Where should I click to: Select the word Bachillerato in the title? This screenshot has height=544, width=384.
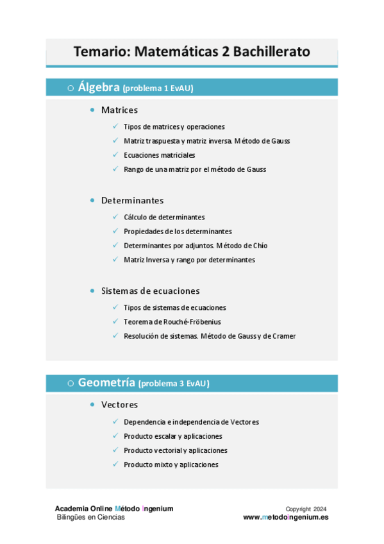[x=271, y=51]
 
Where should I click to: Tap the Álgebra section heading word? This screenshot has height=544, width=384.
[x=99, y=87]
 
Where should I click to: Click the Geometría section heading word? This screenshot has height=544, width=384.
[x=107, y=383]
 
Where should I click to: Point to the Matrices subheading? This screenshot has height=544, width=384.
[x=119, y=110]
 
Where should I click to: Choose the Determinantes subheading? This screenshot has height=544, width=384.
[x=132, y=200]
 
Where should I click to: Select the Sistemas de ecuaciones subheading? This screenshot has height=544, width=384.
[x=150, y=291]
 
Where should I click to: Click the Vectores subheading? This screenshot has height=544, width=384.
[x=119, y=405]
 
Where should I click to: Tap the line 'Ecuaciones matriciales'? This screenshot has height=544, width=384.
[x=159, y=155]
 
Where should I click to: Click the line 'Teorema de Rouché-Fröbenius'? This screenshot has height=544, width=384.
[x=172, y=321]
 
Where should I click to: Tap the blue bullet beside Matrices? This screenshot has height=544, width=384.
[x=94, y=110]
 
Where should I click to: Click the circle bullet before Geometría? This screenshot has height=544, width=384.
[x=70, y=384]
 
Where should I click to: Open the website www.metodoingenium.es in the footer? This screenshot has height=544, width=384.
[x=285, y=517]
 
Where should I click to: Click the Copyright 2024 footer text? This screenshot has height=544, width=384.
[x=306, y=509]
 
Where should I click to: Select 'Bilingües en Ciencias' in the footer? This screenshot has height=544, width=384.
[x=91, y=517]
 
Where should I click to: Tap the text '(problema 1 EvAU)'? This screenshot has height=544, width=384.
[x=158, y=89]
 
